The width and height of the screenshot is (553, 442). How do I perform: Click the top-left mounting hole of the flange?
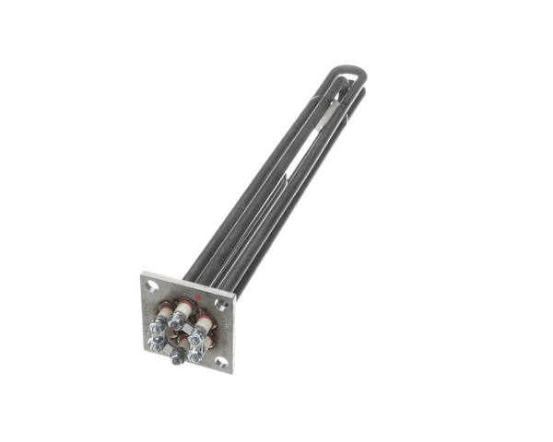[x=152, y=285]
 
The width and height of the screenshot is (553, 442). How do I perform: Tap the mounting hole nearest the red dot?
[x=222, y=303]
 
